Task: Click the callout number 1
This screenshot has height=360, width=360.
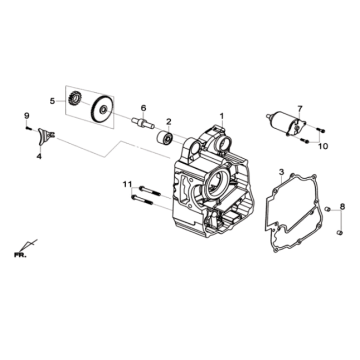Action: pos(223,117)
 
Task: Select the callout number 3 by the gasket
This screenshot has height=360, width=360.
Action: pos(283,173)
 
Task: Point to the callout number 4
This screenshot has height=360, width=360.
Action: pos(38,156)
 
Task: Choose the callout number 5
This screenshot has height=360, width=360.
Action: pos(52,100)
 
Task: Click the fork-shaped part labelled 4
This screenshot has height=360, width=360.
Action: pos(45,137)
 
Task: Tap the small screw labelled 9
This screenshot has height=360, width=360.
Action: pos(27,128)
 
